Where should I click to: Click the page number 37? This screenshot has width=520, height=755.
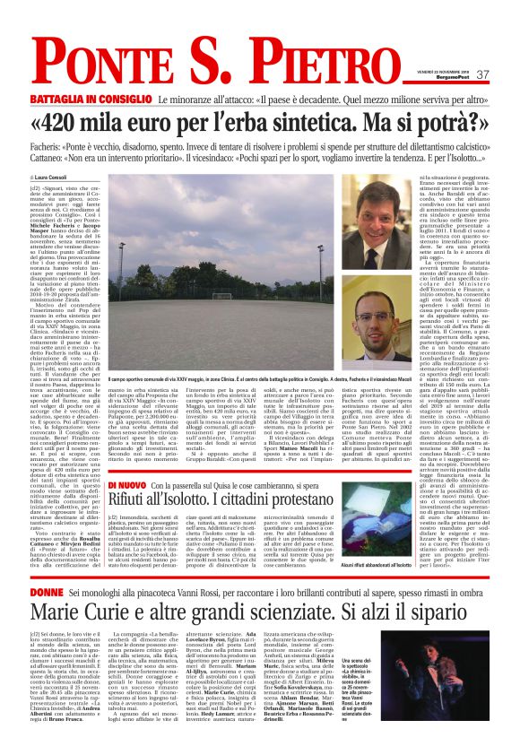click(x=482, y=74)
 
